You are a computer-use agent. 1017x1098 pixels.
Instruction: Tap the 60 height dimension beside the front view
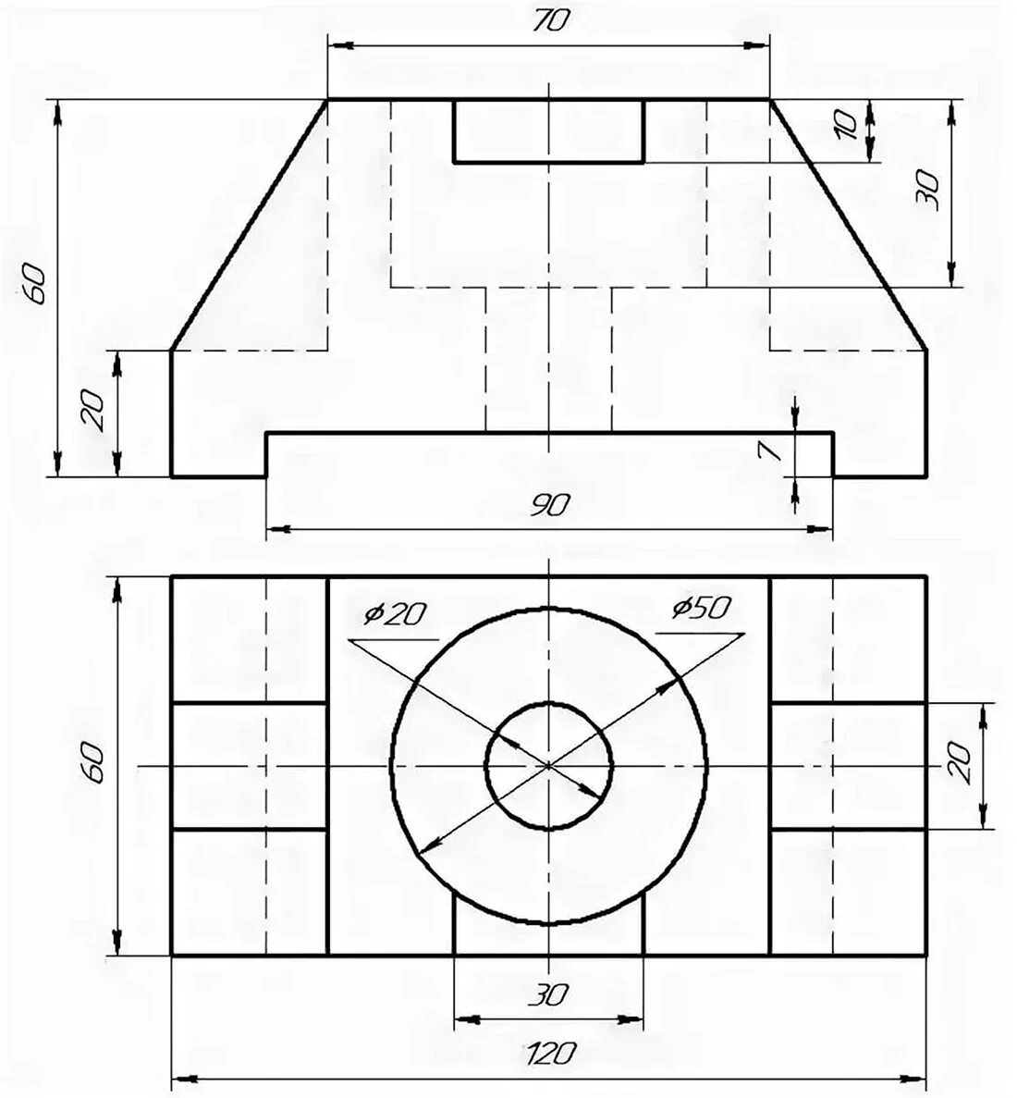[34, 283]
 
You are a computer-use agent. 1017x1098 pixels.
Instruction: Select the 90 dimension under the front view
[549, 506]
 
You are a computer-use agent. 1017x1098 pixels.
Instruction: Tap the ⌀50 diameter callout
[703, 608]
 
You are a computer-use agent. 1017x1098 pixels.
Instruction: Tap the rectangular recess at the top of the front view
[548, 130]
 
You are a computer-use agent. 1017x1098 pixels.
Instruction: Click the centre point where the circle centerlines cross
[549, 765]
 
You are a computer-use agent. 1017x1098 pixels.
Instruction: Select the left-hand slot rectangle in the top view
[249, 766]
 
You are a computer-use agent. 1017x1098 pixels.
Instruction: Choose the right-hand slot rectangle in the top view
[848, 766]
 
